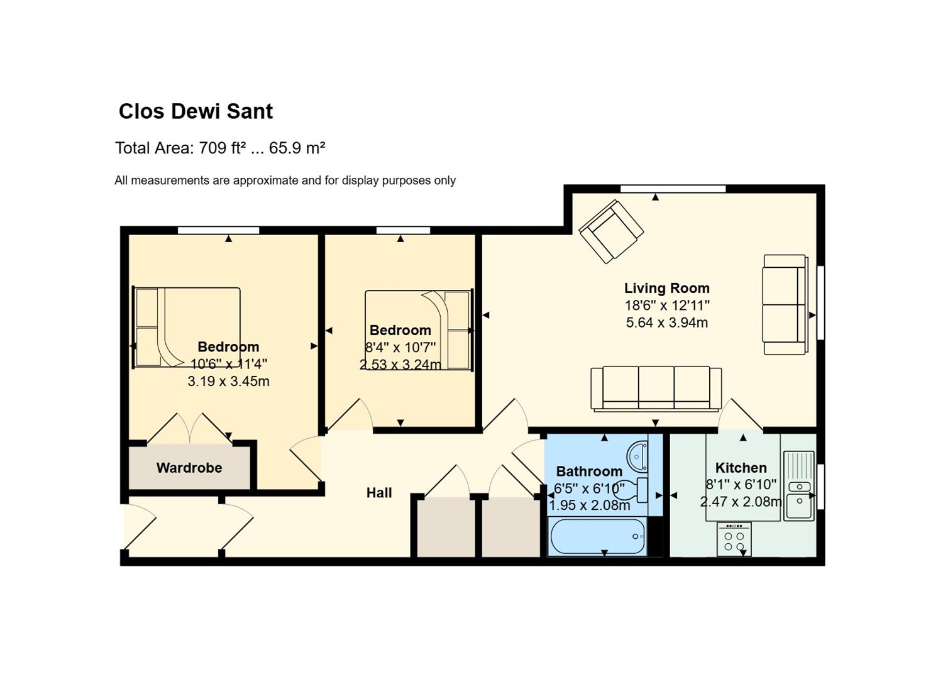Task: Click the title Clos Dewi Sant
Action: [x=196, y=111]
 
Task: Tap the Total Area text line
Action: [x=220, y=148]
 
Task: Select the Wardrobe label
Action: [x=189, y=468]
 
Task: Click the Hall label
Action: [x=379, y=493]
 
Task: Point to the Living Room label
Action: [x=666, y=288]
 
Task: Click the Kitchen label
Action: [x=741, y=468]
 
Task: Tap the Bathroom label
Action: [x=589, y=472]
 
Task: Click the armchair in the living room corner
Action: [x=611, y=231]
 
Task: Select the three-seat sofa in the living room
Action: [x=656, y=389]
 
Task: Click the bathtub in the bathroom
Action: [x=598, y=536]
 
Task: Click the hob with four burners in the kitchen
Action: [x=734, y=539]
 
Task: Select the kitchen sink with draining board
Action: [x=798, y=486]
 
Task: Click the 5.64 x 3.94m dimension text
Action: [x=666, y=323]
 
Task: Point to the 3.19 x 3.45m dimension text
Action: [x=228, y=381]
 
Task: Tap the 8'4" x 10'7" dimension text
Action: [x=400, y=347]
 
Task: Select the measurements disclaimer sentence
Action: [x=285, y=180]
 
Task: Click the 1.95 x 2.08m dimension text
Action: [x=589, y=505]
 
